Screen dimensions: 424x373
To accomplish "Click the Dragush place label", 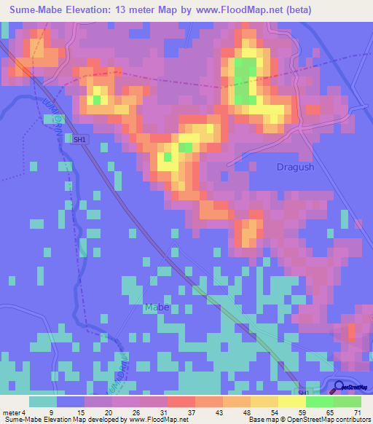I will tap(296, 167).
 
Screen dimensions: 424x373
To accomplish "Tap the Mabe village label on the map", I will tap(157, 307).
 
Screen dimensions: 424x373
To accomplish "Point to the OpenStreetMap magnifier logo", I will tap(340, 388).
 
